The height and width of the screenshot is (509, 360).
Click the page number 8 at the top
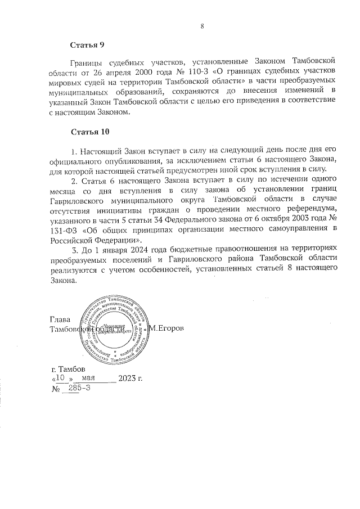202,25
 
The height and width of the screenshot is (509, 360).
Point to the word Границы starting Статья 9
88,58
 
